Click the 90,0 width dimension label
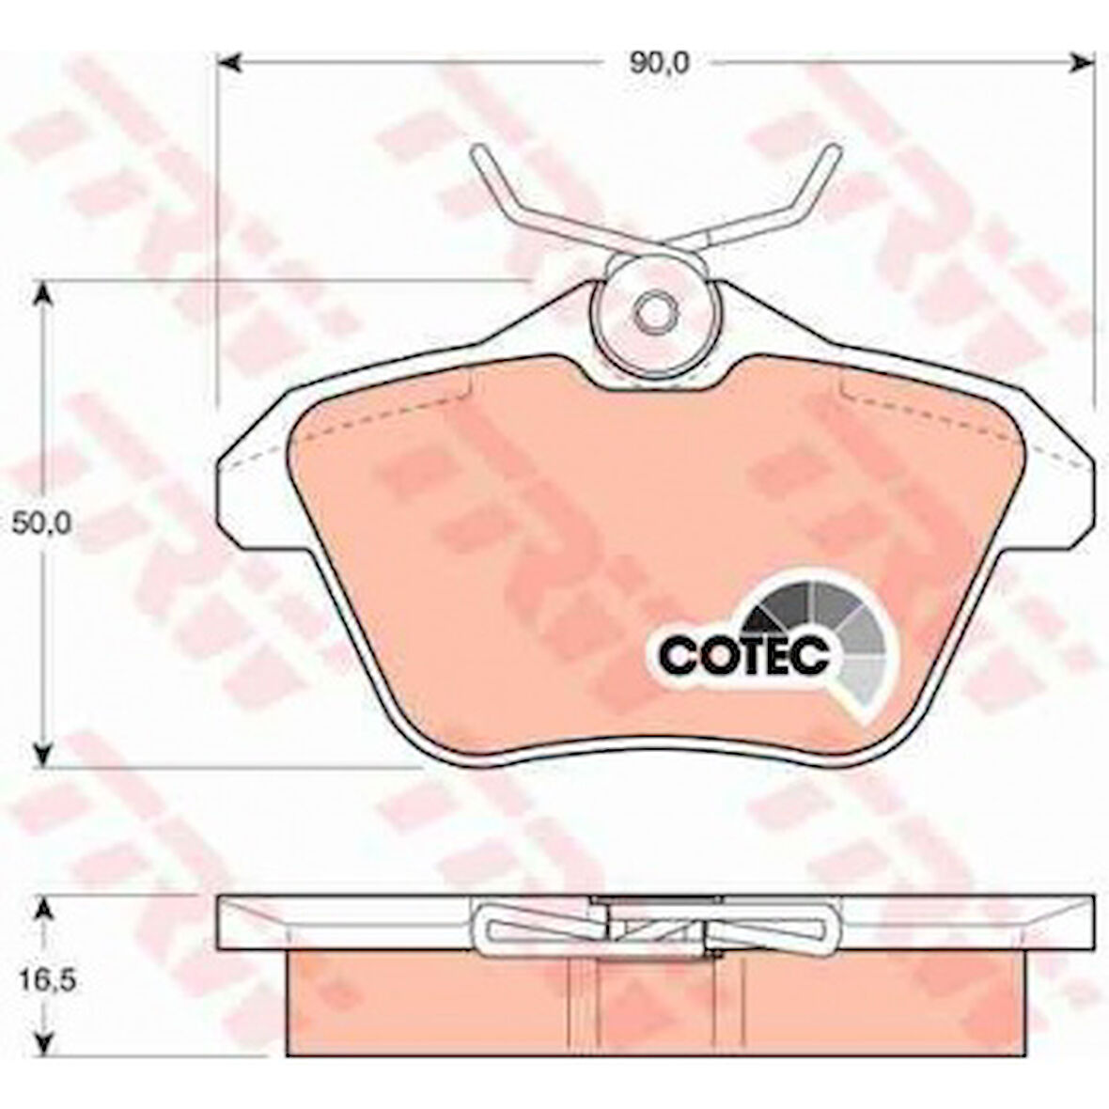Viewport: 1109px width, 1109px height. [646, 63]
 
